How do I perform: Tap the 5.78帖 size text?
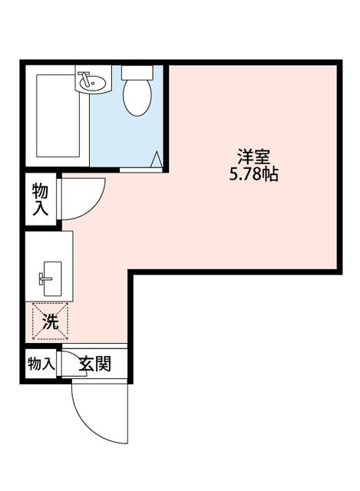pyautogui.click(x=253, y=174)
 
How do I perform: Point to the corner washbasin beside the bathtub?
pyautogui.click(x=91, y=80)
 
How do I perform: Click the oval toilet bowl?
pyautogui.click(x=137, y=97)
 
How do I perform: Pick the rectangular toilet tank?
pyautogui.click(x=137, y=72)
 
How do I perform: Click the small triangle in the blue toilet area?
pyautogui.click(x=156, y=160)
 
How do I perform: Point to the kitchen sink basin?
pyautogui.click(x=51, y=275)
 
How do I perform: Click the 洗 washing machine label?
pyautogui.click(x=50, y=322)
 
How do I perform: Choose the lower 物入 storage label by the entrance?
pyautogui.click(x=40, y=363)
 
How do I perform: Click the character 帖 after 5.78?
pyautogui.click(x=269, y=174)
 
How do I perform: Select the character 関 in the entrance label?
pyautogui.click(x=103, y=363)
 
